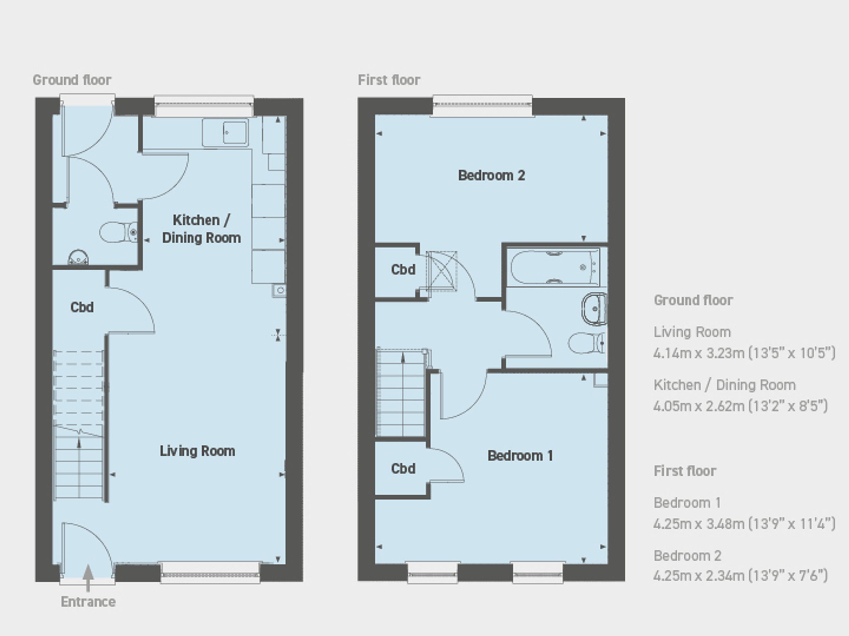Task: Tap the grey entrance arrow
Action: [x=88, y=578]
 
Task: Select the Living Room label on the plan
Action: [x=197, y=451]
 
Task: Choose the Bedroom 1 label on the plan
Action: [x=520, y=455]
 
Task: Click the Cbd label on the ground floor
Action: [x=82, y=307]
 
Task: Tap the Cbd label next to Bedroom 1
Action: [x=403, y=468]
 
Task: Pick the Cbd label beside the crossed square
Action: [x=403, y=269]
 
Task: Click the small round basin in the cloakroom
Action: [x=78, y=257]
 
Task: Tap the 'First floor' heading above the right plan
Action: [x=389, y=80]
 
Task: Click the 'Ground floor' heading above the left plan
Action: [x=72, y=80]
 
